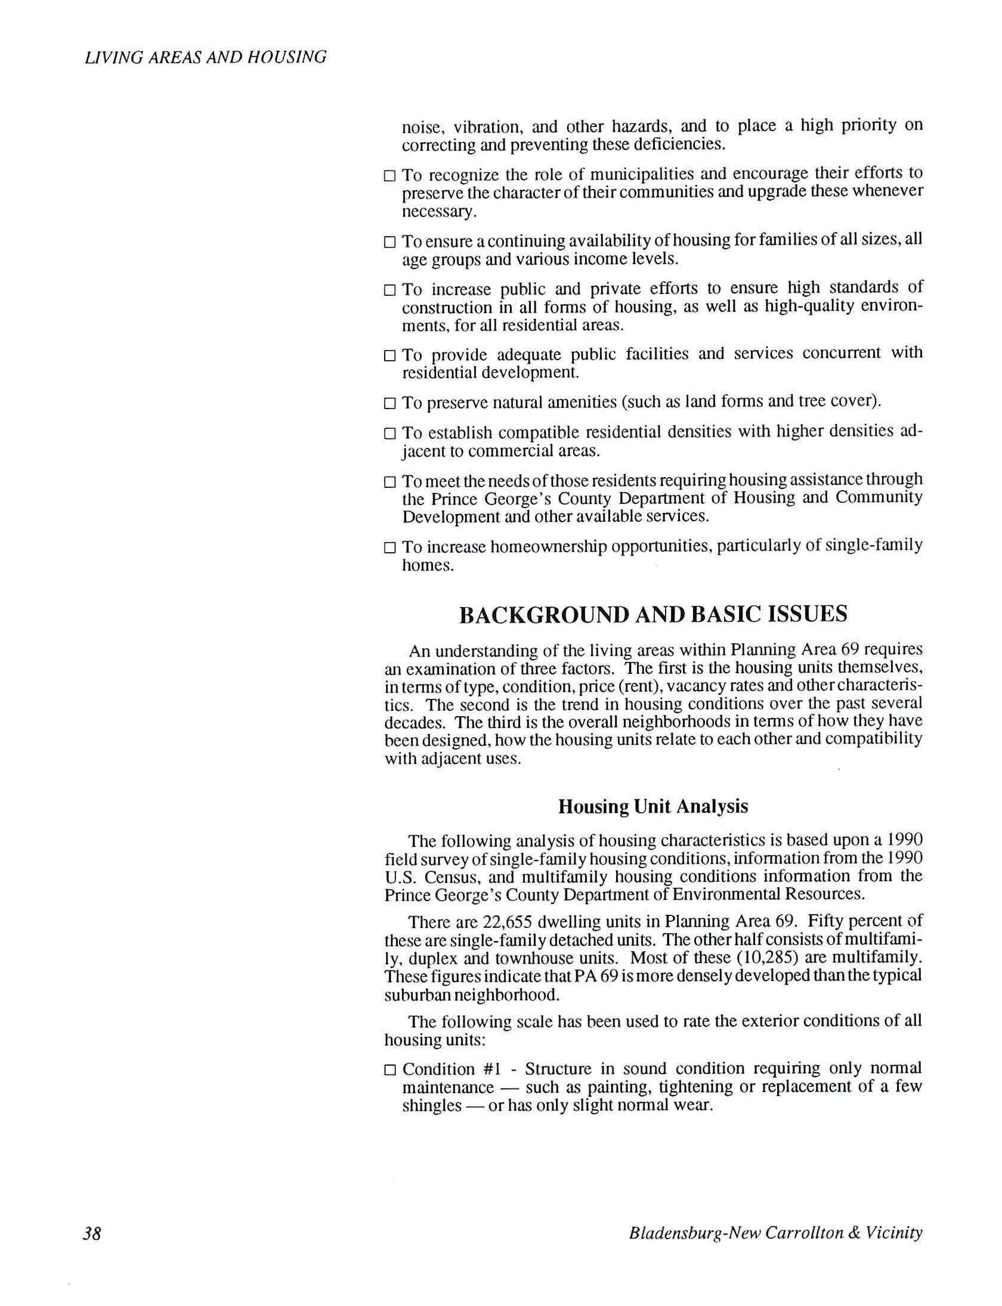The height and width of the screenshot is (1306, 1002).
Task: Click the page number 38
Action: pyautogui.click(x=92, y=1233)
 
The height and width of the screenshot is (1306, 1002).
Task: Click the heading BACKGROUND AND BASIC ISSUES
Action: pyautogui.click(x=653, y=615)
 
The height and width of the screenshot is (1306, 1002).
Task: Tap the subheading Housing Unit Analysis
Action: pyautogui.click(x=653, y=807)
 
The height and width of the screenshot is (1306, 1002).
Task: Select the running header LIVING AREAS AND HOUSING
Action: pyautogui.click(x=206, y=57)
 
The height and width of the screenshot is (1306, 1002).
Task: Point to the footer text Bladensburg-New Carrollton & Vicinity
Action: pyautogui.click(x=775, y=1233)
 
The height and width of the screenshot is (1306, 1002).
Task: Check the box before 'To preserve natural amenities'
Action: pyautogui.click(x=389, y=403)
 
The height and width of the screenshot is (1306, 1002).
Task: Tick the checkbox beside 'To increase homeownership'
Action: pyautogui.click(x=389, y=547)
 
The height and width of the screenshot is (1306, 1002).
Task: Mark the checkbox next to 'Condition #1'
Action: pyautogui.click(x=389, y=1069)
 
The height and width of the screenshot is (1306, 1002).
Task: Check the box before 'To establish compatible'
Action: pyautogui.click(x=389, y=432)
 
